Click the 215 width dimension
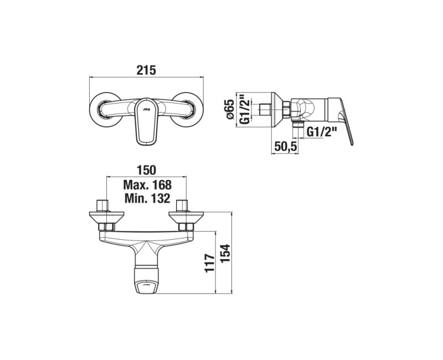tap(146, 70)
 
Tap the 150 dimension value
tap(146, 171)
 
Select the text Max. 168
tap(147, 185)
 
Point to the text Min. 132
tap(147, 198)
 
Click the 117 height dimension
tap(210, 263)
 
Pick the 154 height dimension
tap(225, 254)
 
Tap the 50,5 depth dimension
tap(285, 146)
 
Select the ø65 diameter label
tap(231, 109)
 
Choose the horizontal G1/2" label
tap(322, 132)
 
